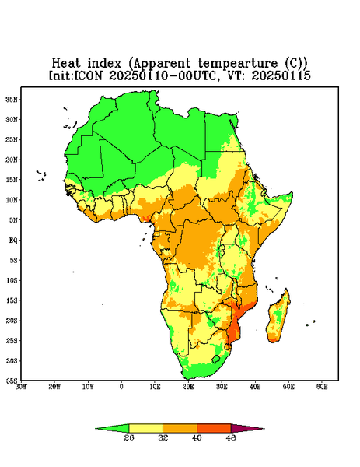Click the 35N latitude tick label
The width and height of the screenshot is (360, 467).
point(12,99)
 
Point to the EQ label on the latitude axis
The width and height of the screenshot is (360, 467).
point(12,240)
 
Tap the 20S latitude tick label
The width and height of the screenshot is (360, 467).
point(12,321)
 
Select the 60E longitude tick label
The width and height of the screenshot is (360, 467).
point(322,387)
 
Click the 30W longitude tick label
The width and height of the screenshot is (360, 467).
point(21,387)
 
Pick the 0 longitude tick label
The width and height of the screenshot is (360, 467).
point(121,387)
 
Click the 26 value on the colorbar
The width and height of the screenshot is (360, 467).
point(129,437)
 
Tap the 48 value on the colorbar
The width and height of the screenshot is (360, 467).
point(231,437)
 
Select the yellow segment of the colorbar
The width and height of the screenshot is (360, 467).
point(145,428)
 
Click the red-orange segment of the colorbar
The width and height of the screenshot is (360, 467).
point(214,428)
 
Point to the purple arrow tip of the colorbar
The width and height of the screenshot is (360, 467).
point(264,429)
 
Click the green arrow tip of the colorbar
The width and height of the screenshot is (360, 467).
point(96,429)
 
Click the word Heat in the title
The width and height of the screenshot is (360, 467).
point(66,64)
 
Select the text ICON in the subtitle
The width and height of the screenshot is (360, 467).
point(88,75)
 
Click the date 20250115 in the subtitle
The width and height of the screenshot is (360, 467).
point(281,75)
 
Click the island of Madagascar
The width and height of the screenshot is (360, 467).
point(279,318)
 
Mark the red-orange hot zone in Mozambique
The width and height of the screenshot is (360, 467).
point(235,325)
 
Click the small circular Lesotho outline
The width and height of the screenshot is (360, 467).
point(216,359)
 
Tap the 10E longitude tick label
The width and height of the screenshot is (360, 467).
point(155,387)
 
